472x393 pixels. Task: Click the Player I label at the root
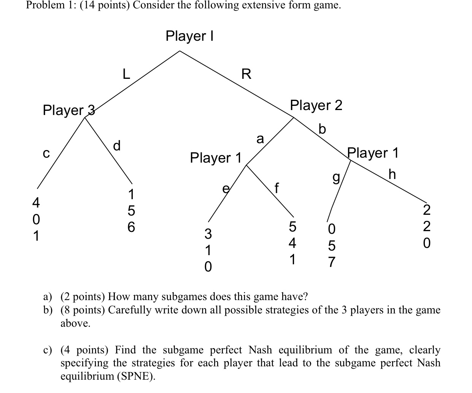[x=189, y=36]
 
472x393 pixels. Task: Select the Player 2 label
[x=316, y=105]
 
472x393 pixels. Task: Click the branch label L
[x=126, y=74]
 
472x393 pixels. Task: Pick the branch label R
[x=246, y=74]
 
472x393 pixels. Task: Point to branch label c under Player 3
[x=46, y=153]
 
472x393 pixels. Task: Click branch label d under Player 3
[x=117, y=145]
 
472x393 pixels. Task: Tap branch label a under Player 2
[x=260, y=139]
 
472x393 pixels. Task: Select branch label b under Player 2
[x=322, y=129]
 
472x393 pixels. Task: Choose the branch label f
[x=277, y=188]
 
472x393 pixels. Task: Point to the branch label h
[x=392, y=174]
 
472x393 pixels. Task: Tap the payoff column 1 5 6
[x=130, y=211]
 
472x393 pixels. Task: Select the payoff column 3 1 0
[x=208, y=249]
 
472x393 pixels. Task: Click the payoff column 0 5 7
[x=331, y=246]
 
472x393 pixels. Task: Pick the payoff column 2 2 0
[x=427, y=226]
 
